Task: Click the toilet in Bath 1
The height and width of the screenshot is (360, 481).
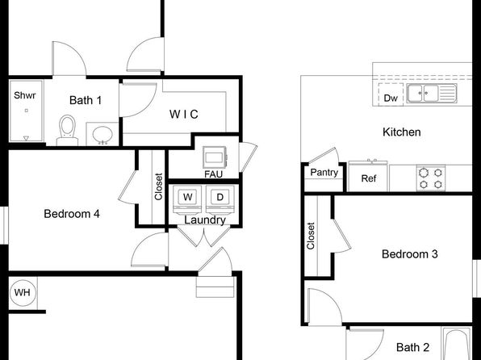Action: click(x=67, y=130)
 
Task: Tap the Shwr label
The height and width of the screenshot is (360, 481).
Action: click(x=25, y=95)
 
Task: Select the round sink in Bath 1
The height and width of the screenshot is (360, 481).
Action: click(x=102, y=135)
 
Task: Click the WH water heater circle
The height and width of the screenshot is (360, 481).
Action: click(x=23, y=292)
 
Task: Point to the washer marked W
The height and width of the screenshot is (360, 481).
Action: click(x=187, y=200)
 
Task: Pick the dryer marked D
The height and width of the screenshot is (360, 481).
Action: click(x=220, y=200)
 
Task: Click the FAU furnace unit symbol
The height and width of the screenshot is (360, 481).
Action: click(x=215, y=157)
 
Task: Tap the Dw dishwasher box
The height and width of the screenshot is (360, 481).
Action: click(x=391, y=94)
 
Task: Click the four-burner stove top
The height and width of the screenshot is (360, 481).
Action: click(x=431, y=178)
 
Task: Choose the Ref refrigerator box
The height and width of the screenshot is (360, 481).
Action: click(x=369, y=178)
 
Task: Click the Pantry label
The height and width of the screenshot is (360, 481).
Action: click(x=324, y=173)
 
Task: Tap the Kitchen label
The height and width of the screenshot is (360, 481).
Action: click(x=402, y=132)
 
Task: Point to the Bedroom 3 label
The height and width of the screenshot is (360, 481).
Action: click(x=410, y=254)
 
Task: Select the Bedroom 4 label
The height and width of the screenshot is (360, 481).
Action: click(x=72, y=214)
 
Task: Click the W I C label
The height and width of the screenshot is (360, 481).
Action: click(x=184, y=115)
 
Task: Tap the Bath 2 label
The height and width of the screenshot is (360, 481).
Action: click(x=412, y=347)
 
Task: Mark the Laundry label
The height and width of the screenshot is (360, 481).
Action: click(x=205, y=220)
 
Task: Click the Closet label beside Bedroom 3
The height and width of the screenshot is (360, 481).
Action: click(x=311, y=236)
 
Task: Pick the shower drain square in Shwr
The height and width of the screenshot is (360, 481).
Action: click(x=27, y=111)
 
